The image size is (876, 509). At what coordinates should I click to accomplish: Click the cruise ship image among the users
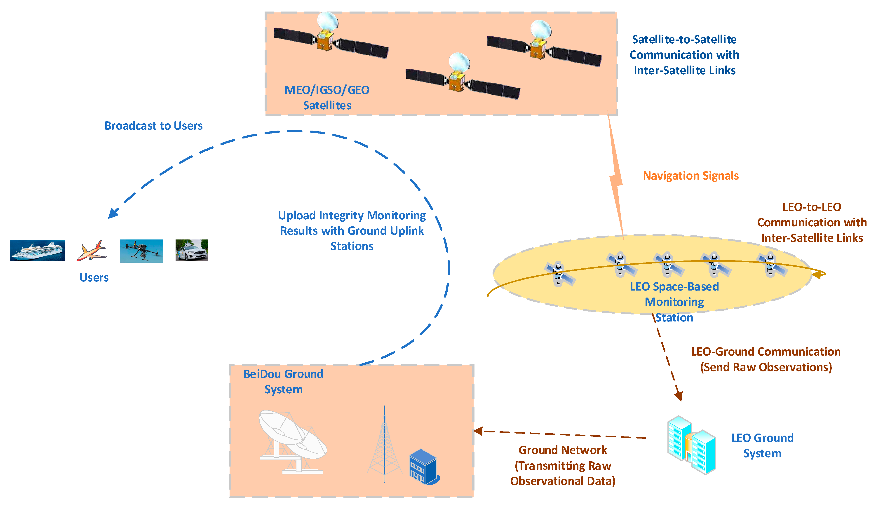click(37, 250)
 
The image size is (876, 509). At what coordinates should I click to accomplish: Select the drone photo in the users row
click(141, 251)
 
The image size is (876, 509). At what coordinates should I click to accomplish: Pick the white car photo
click(192, 250)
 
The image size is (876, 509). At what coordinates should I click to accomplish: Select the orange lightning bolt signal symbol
click(616, 179)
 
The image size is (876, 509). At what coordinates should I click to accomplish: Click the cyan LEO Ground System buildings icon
click(691, 445)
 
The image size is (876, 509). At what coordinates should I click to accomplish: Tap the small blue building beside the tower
click(423, 467)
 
